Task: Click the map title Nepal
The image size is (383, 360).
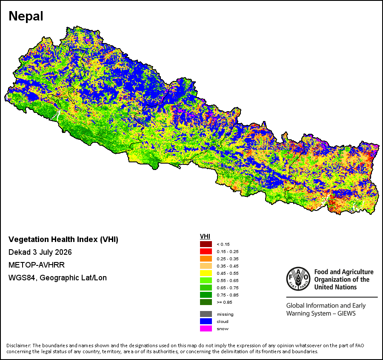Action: (x=26, y=16)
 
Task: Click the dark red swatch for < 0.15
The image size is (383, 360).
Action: (x=206, y=244)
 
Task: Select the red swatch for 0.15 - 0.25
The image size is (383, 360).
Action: (x=206, y=251)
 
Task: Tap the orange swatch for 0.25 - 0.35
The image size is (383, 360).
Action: (x=206, y=259)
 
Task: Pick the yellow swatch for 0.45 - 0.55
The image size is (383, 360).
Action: (x=206, y=273)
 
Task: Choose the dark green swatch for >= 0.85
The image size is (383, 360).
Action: (x=206, y=302)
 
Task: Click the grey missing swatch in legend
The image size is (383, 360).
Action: (x=206, y=314)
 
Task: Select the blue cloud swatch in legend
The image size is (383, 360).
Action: (x=206, y=321)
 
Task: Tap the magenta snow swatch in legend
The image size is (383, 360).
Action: (x=206, y=328)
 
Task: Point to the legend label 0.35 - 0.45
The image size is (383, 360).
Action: (x=228, y=266)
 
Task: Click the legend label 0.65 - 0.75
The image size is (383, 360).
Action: (x=228, y=288)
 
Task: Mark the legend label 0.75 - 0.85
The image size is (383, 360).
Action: (x=228, y=295)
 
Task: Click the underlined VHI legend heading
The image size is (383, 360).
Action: (x=205, y=236)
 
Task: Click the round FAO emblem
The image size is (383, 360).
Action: (x=298, y=279)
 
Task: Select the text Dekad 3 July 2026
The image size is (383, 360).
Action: (x=40, y=252)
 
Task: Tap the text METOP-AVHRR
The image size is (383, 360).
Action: (x=37, y=265)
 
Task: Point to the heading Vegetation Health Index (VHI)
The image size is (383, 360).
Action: (x=63, y=239)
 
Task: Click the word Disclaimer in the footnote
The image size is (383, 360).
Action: (x=18, y=346)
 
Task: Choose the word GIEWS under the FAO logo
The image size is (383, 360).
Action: (x=346, y=314)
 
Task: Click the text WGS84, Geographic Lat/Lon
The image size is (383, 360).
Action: (x=57, y=278)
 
